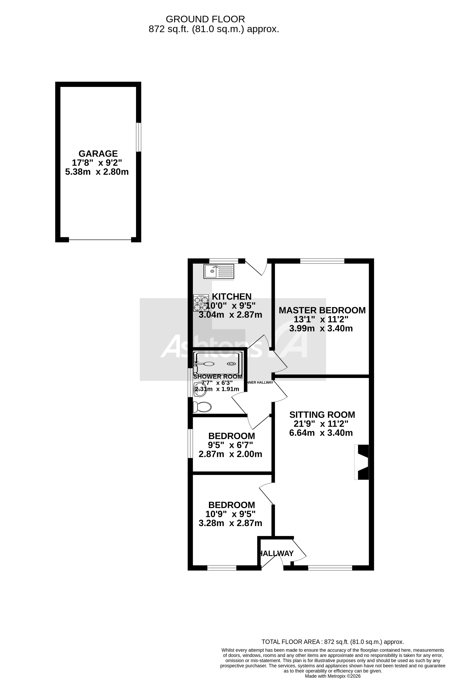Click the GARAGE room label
coord(98,153)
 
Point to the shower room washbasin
coord(200,389)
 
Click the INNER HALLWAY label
coord(260,382)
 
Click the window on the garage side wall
coord(139,137)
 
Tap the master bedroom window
coord(322,261)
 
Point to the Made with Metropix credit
coord(333,676)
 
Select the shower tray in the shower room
coord(218,363)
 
